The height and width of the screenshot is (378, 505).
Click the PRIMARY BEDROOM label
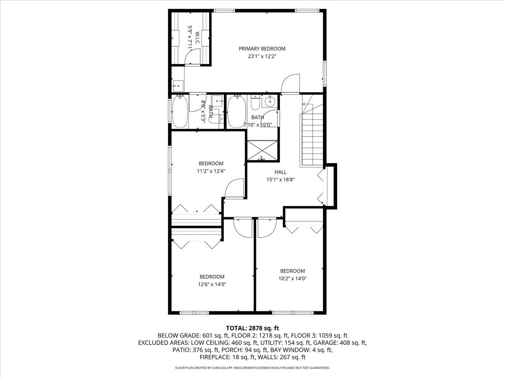point(262,49)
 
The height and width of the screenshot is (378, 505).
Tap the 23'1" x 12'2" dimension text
point(262,56)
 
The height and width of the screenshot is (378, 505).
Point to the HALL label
point(280,172)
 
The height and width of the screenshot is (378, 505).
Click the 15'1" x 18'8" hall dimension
point(280,179)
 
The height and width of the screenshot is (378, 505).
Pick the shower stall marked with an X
point(262,150)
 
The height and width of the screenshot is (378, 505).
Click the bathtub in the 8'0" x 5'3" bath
point(180,111)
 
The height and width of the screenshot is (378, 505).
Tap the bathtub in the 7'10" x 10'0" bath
point(236,111)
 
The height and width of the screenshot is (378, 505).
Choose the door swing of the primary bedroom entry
point(290,84)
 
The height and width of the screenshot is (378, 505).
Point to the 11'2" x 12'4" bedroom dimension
point(211,171)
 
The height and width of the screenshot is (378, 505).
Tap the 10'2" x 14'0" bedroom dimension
point(292,278)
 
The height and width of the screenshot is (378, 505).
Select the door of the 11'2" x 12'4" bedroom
point(234,188)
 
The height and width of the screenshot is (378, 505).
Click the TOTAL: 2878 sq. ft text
point(252,328)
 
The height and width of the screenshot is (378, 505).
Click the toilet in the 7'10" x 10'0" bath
point(255,102)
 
